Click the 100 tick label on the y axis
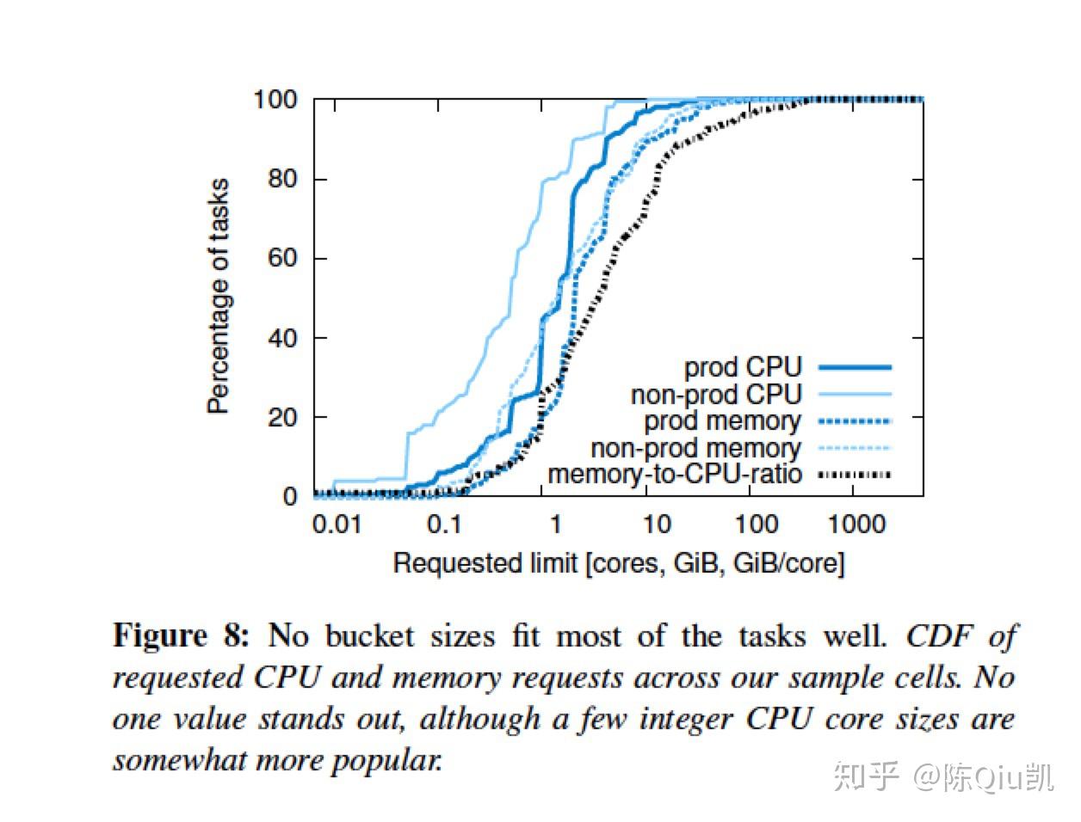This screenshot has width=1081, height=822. pyautogui.click(x=275, y=100)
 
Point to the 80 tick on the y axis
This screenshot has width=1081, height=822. pyautogui.click(x=281, y=179)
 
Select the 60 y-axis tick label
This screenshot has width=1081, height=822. pyautogui.click(x=281, y=258)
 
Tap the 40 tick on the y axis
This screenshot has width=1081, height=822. pyautogui.click(x=281, y=337)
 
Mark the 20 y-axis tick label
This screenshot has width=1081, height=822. pyautogui.click(x=281, y=417)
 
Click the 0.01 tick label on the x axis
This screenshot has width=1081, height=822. pyautogui.click(x=337, y=524)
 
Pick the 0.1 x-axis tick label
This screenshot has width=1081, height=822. pyautogui.click(x=444, y=524)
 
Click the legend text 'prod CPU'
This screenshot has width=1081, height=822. pyautogui.click(x=743, y=367)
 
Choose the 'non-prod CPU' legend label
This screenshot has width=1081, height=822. pyautogui.click(x=716, y=395)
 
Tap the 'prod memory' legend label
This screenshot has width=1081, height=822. pyautogui.click(x=722, y=421)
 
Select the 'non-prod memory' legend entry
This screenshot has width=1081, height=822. pyautogui.click(x=695, y=448)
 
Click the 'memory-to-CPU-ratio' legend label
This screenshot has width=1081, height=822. pyautogui.click(x=675, y=475)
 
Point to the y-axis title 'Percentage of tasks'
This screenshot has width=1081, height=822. pyautogui.click(x=220, y=297)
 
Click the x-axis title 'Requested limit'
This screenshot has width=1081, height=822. pyautogui.click(x=485, y=563)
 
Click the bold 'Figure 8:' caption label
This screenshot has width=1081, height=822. pyautogui.click(x=182, y=636)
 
